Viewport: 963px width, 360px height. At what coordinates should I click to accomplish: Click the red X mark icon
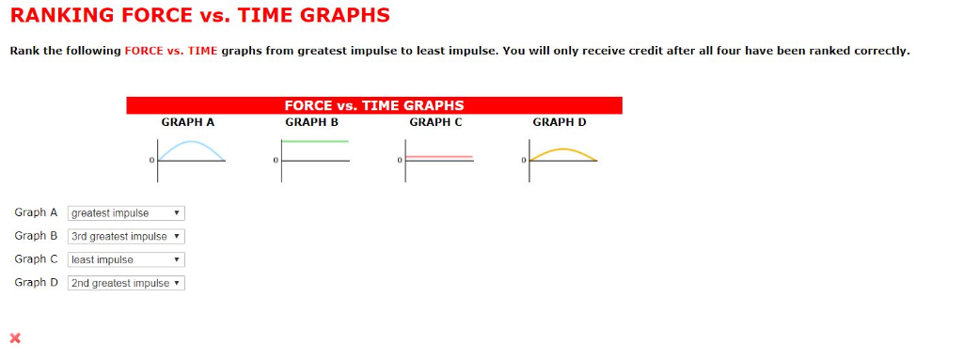14,337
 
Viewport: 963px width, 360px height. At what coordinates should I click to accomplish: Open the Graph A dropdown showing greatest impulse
126,213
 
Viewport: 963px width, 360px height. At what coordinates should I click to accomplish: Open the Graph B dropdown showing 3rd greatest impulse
126,237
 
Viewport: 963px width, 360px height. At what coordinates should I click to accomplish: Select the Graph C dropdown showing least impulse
126,259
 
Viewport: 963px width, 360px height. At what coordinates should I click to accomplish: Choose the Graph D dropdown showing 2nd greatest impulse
126,283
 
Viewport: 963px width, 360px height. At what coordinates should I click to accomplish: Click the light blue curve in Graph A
191,143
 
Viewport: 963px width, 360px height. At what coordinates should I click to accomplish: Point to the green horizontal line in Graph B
315,141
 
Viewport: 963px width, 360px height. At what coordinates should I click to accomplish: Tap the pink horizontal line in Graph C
439,156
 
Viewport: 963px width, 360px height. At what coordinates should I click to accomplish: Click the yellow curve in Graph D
562,149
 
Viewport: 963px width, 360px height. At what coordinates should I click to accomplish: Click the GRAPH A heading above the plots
188,122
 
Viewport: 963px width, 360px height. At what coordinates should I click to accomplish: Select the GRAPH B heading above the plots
311,122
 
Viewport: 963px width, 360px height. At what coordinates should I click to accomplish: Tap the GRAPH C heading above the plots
435,122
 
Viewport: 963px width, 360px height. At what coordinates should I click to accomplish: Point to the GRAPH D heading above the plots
559,122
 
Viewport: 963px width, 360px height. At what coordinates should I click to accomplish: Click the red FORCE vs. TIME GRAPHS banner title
373,105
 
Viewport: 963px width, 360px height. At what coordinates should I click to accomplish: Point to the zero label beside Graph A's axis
150,162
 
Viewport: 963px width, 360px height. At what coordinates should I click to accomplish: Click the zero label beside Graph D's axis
523,162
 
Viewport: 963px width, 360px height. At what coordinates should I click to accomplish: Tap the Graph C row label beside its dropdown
36,259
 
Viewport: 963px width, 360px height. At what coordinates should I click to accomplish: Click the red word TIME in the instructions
202,51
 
